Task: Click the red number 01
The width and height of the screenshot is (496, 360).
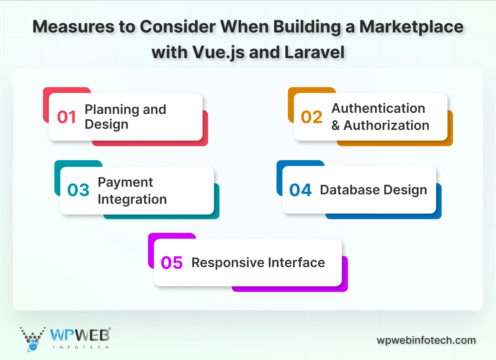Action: [66, 117]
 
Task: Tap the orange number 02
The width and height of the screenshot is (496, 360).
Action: [312, 117]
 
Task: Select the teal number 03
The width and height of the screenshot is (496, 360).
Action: [78, 190]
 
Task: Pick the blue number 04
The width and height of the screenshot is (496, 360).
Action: [300, 190]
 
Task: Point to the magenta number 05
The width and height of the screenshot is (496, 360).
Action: [172, 263]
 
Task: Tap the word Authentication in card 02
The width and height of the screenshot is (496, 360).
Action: [378, 109]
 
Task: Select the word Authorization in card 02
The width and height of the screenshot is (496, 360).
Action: [386, 126]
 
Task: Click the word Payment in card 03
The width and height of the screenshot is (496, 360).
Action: [125, 183]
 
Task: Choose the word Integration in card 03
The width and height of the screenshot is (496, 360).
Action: [132, 199]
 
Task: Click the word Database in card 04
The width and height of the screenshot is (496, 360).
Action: [349, 190]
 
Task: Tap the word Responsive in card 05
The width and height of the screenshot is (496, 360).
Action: [228, 263]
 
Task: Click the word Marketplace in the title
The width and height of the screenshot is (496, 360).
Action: [411, 27]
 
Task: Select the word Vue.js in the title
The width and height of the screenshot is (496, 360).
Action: [218, 53]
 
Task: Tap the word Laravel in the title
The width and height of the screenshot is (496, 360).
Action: [314, 52]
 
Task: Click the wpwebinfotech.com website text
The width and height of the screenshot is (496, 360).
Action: [426, 340]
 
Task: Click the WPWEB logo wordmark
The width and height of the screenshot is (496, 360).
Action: [80, 335]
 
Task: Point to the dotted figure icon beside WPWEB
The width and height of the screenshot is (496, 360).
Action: [33, 339]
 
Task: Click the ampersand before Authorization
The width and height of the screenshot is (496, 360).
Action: [336, 126]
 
